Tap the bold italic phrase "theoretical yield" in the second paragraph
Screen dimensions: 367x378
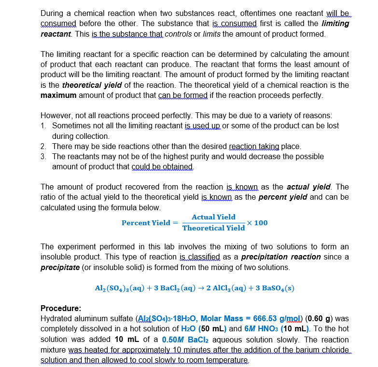point(92,84)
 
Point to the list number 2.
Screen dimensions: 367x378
point(44,146)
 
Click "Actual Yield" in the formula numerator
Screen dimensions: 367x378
point(213,217)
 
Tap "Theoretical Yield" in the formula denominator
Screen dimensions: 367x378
point(213,228)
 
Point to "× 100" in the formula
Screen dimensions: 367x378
point(257,223)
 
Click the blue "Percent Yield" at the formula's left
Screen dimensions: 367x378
point(146,223)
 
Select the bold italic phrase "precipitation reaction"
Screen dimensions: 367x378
point(280,257)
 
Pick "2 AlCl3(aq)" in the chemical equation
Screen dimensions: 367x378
point(230,288)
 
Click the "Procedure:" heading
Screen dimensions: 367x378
point(61,308)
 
